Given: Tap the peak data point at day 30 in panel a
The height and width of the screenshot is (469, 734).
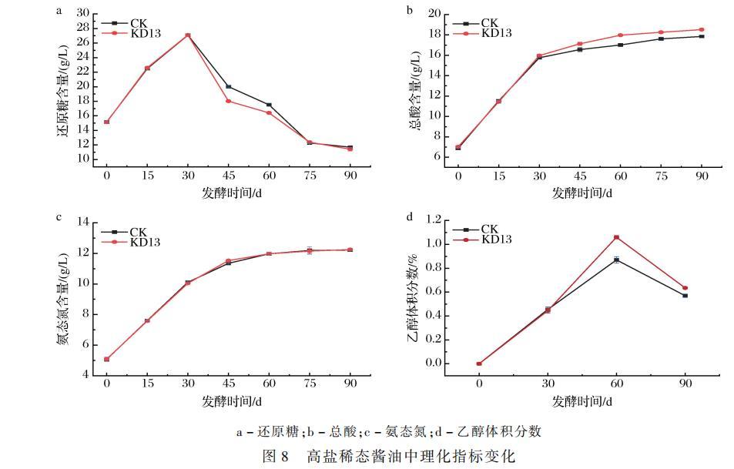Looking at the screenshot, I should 188,35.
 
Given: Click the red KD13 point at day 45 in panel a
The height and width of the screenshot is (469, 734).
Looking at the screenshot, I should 228,101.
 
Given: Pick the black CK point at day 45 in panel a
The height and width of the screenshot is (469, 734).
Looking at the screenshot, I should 228,86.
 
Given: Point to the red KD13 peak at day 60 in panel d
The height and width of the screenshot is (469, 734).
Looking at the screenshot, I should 616,237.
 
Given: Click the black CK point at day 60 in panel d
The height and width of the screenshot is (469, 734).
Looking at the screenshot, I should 616,260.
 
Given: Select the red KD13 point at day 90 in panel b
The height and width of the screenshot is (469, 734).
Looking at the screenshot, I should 701,29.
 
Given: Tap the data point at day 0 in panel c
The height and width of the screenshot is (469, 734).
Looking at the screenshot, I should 107,359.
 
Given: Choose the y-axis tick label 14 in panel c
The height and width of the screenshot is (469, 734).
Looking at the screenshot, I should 83,223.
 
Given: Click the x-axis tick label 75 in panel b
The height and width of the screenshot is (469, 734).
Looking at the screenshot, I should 660,176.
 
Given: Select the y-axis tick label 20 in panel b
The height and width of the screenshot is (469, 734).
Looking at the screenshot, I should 434,15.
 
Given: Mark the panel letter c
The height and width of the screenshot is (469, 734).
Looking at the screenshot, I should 59,217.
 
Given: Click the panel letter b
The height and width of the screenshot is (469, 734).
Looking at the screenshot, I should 410,10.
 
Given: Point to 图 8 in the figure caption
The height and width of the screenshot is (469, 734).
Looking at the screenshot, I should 275,456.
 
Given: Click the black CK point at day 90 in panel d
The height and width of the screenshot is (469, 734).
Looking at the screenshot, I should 685,296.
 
